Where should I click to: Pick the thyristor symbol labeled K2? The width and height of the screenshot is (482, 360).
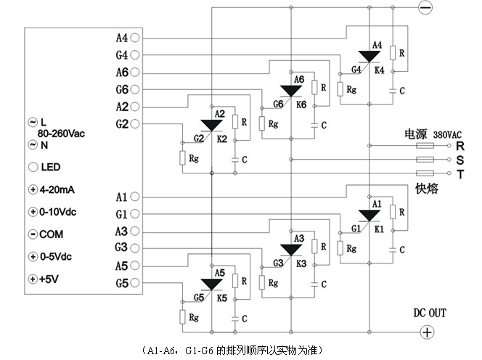tap(212, 125)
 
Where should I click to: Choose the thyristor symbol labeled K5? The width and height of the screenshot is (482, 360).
tap(212, 284)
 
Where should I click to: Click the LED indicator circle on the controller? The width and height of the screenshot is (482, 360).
tap(33, 166)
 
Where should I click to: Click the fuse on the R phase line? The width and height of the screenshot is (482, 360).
tap(425, 146)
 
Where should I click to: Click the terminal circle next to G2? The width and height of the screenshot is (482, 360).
tap(136, 123)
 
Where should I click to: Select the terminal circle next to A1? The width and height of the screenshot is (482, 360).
tap(136, 196)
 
